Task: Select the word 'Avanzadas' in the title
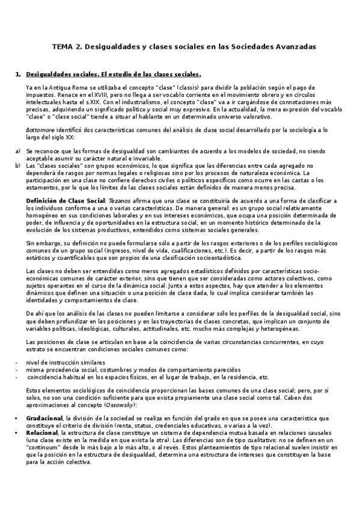[293, 46]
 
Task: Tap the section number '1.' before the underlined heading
[17, 75]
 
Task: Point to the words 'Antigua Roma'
[59, 87]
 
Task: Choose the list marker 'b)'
[17, 164]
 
